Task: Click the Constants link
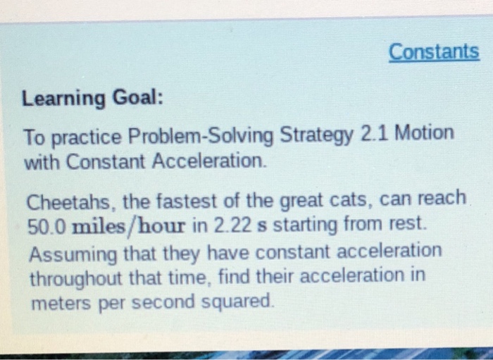[434, 52]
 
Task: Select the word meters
[56, 302]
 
